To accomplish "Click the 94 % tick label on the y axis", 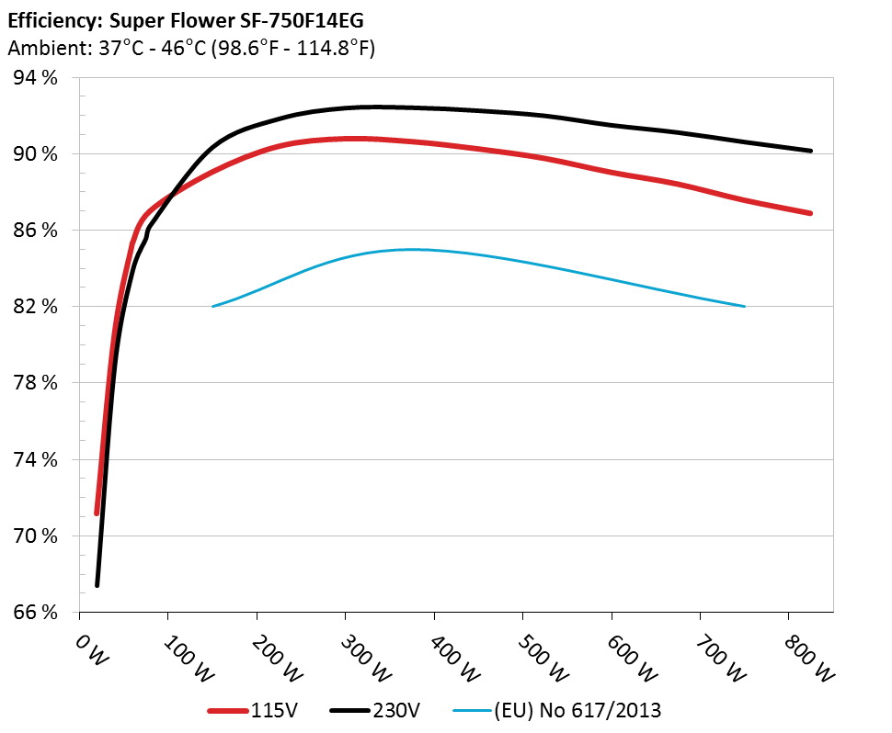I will (36, 78).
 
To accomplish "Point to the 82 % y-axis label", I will (36, 306).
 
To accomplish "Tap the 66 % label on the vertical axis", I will (36, 612).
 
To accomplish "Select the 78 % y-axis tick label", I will (36, 382).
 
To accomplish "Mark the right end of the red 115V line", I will (810, 213).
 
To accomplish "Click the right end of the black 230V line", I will (810, 151).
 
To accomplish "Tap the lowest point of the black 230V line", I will (97, 585).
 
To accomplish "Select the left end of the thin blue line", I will (213, 306).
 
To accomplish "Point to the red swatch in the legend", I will (229, 710).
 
